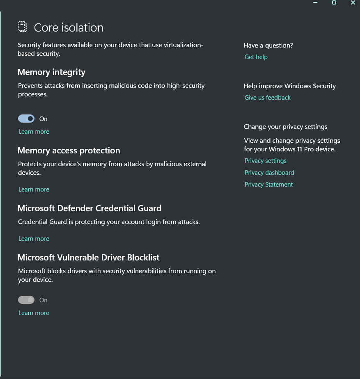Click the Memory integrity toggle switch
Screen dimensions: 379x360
pos(26,119)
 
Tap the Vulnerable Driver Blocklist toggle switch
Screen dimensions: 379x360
pos(26,300)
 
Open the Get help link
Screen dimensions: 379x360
pos(256,57)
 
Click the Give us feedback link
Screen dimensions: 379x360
pos(267,98)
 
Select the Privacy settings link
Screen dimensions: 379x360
pos(265,161)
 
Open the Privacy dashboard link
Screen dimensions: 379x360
pos(269,173)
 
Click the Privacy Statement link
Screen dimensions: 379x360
pos(268,185)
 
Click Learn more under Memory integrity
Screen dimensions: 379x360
pos(34,132)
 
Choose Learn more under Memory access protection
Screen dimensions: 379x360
pos(34,189)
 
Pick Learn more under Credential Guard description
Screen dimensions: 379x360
pos(34,239)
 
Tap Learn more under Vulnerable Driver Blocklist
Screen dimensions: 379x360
pos(34,313)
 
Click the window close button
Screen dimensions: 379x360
pos(353,2)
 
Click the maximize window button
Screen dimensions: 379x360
pos(334,2)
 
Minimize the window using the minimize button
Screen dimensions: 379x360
pos(315,2)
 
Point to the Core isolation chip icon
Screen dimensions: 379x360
pos(23,27)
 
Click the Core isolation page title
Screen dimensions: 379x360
pos(69,27)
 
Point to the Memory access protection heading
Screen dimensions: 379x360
pos(69,151)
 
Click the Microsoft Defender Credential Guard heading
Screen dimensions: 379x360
pos(89,208)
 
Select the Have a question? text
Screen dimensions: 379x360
pos(268,46)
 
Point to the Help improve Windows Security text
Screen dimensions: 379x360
pos(290,86)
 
